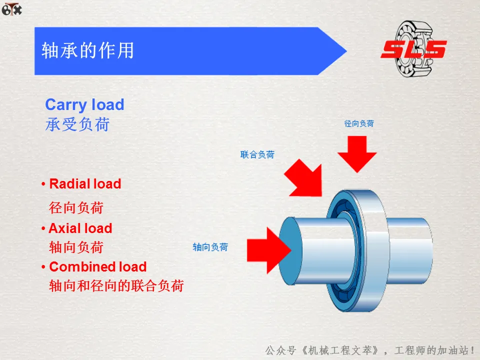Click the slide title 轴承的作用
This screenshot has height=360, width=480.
tap(87, 51)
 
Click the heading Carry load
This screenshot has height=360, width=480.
tap(84, 104)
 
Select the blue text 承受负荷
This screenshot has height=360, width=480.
tap(77, 124)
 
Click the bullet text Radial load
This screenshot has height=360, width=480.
tap(85, 184)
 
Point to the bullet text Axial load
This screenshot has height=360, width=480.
tap(80, 228)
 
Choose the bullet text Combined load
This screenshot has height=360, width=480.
tap(97, 266)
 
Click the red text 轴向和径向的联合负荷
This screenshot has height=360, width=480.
tap(116, 285)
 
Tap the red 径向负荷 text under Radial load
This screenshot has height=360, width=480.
tap(76, 207)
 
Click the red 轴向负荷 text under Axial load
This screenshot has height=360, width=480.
tap(76, 247)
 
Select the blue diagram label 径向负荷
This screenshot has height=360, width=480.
tap(358, 123)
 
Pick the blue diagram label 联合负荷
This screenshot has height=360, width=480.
tap(257, 154)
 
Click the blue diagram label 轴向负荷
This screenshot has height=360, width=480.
tap(210, 247)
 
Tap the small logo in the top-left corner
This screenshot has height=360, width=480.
tap(12, 8)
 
